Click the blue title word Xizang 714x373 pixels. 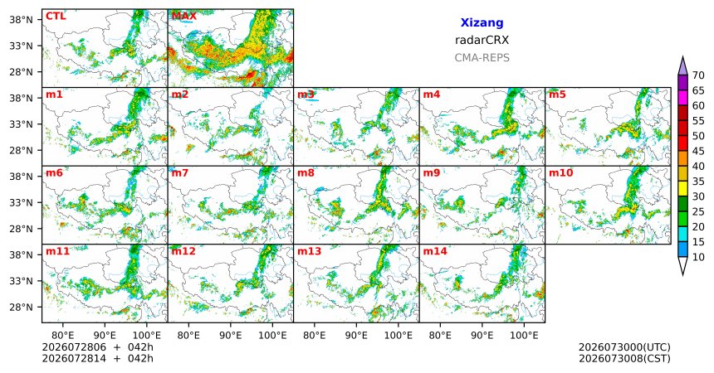(x=482, y=22)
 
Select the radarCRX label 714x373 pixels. (x=482, y=40)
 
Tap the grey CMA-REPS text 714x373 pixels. (x=482, y=58)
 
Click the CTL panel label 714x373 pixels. (x=56, y=17)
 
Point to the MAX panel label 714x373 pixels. (x=184, y=17)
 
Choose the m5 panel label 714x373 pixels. (x=557, y=94)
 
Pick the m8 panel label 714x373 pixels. (x=306, y=173)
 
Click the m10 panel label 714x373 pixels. (x=560, y=173)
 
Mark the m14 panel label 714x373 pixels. (x=435, y=251)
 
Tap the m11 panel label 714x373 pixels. (x=57, y=251)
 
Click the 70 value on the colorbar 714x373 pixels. (x=698, y=75)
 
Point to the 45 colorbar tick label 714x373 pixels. (x=698, y=151)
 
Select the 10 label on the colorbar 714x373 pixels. (x=698, y=257)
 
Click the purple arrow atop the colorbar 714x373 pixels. (x=682, y=66)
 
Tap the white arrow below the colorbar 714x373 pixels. (x=682, y=266)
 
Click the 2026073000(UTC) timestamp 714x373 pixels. (x=624, y=347)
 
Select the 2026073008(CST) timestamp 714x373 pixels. (x=624, y=358)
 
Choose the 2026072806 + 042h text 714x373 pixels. (x=97, y=347)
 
